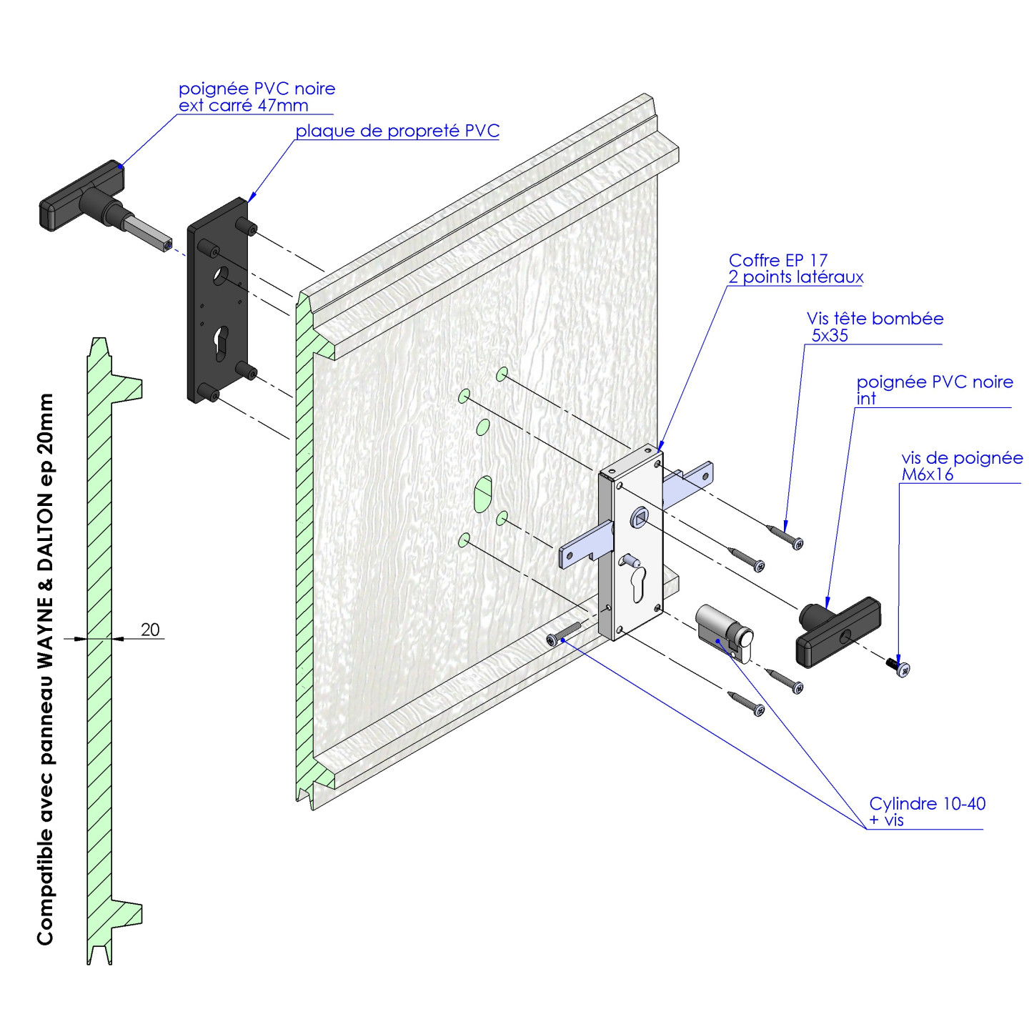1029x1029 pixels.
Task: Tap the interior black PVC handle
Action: coord(837,635)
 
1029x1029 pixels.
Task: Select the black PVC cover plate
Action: coord(217,300)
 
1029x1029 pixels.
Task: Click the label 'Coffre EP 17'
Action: coord(777,260)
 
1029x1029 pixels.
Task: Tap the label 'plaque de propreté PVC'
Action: coord(397,131)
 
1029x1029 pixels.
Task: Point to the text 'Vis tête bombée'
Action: coord(875,319)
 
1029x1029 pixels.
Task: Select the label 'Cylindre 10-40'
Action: coord(927,804)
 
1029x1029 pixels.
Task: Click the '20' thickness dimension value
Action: coord(150,630)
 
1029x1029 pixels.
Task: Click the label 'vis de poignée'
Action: coord(961,458)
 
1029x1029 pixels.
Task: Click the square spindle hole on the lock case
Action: coord(639,516)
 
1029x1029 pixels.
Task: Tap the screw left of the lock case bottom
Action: coord(563,634)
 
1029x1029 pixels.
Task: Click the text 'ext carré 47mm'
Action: coord(243,106)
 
